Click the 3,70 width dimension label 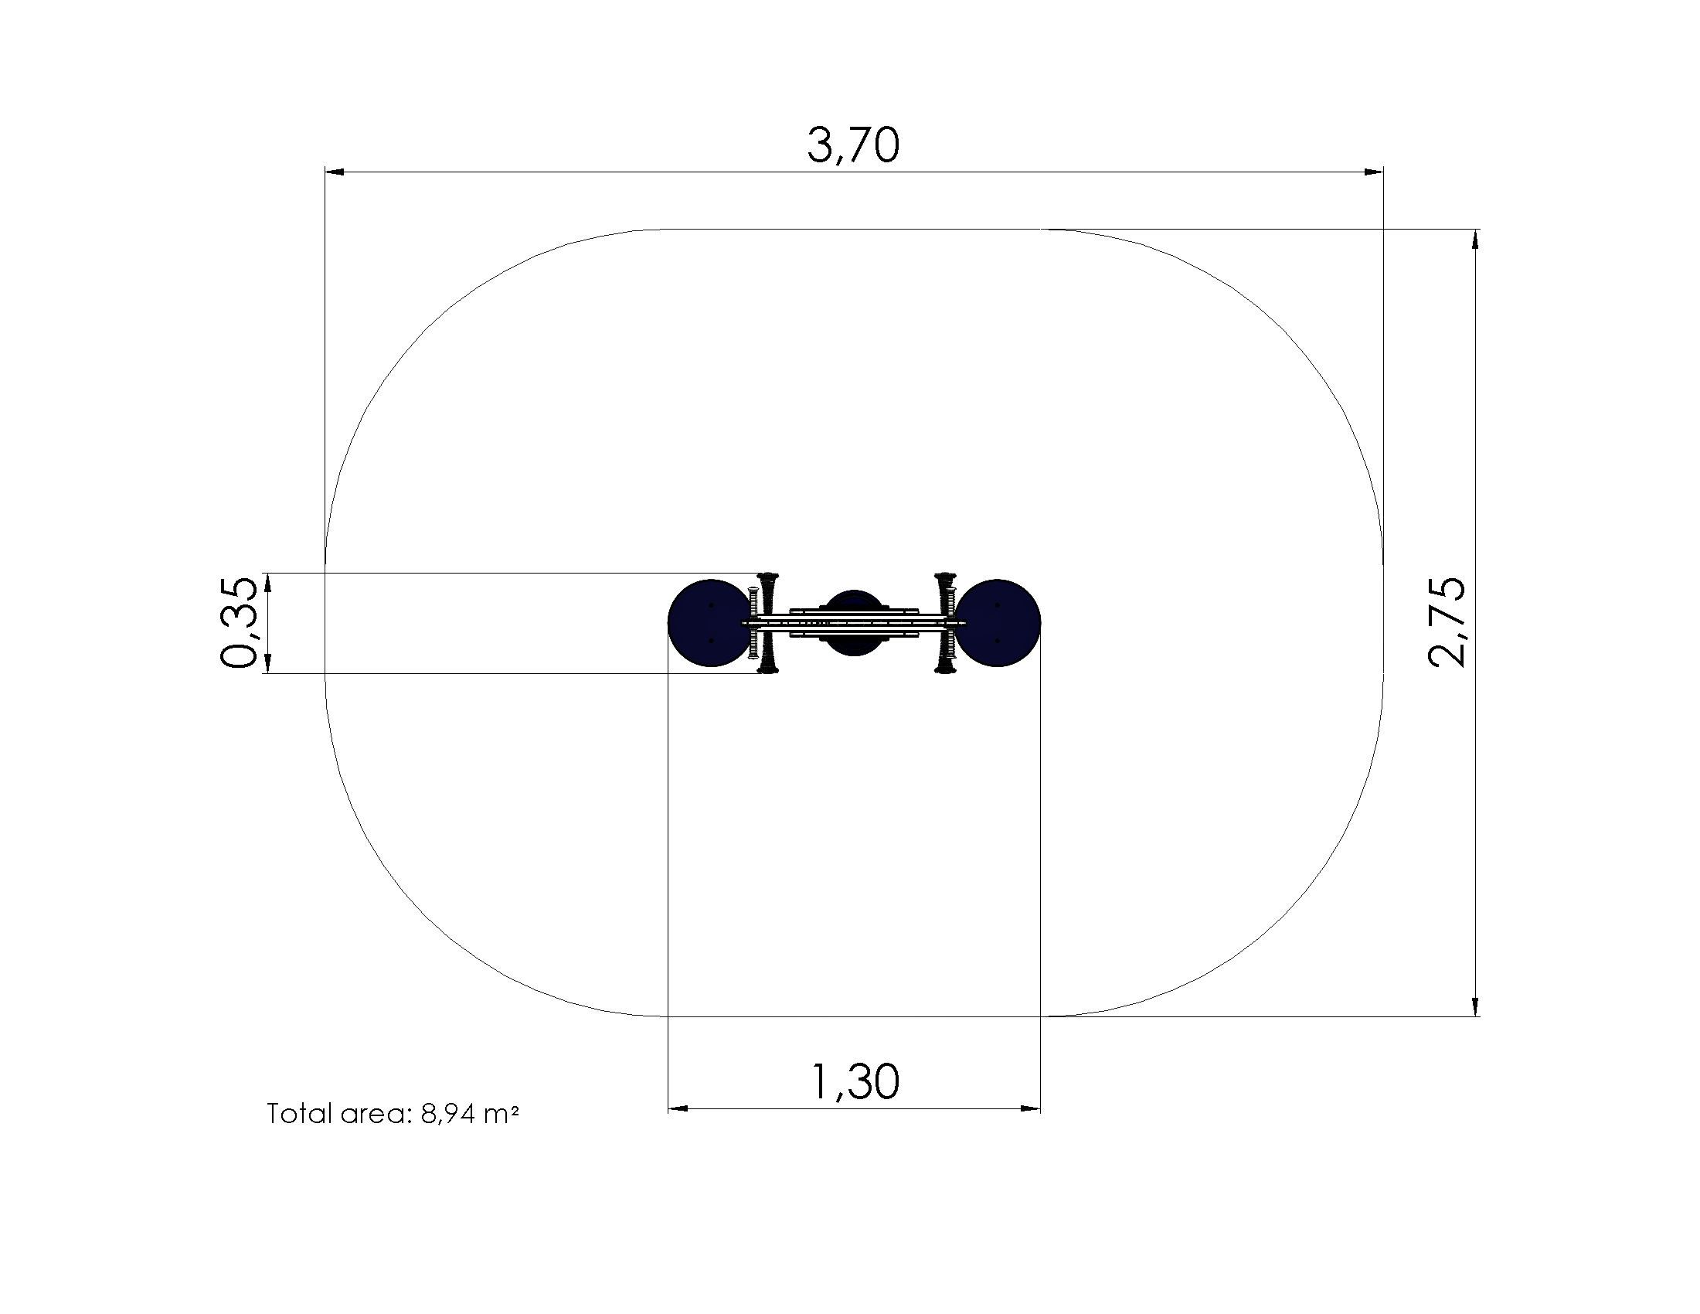(x=853, y=145)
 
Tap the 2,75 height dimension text (x=1447, y=622)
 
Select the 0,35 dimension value (x=238, y=623)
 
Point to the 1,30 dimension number (x=855, y=1081)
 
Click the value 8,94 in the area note (x=447, y=1115)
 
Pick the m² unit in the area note (x=501, y=1114)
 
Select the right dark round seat (x=998, y=623)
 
